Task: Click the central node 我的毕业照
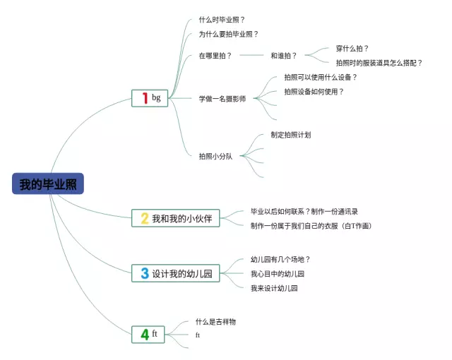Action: point(47,185)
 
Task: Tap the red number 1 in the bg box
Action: point(144,98)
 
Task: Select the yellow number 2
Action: point(144,219)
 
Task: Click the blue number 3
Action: point(144,273)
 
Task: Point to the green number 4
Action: point(144,335)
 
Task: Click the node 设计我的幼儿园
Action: point(182,273)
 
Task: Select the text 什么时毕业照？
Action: point(222,20)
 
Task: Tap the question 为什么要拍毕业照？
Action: point(228,34)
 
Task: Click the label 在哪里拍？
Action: point(215,55)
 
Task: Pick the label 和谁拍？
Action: point(284,55)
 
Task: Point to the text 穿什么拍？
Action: point(352,49)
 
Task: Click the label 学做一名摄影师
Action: point(222,99)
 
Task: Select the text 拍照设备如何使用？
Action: point(314,92)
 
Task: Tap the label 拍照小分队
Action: point(215,156)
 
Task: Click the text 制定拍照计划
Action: point(290,135)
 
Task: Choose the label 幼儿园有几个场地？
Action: point(280,260)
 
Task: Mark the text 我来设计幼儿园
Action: point(274,288)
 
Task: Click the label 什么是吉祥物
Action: point(215,322)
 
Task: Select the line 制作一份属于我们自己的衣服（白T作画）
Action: point(311,226)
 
